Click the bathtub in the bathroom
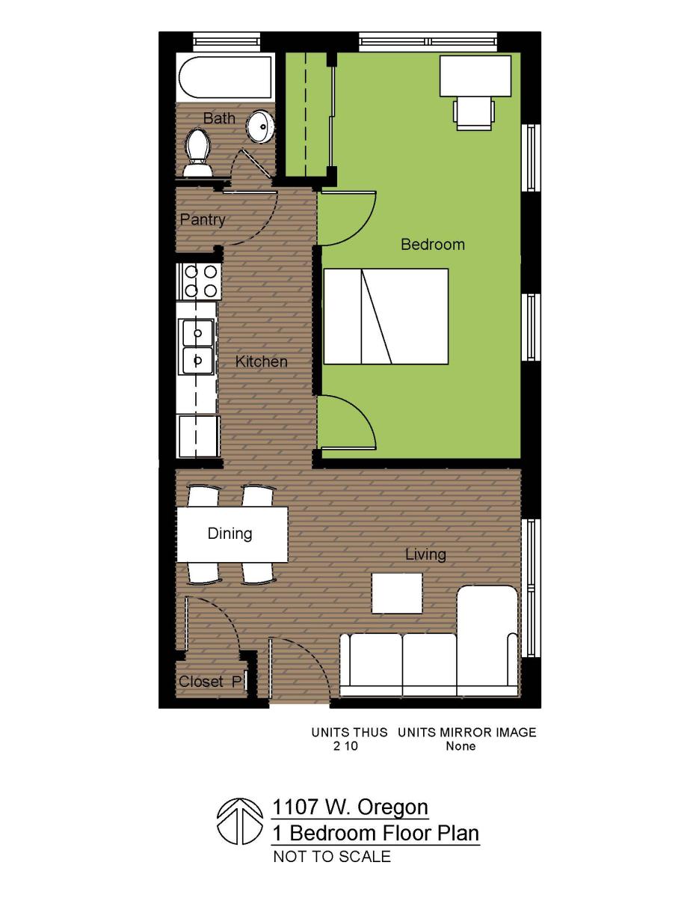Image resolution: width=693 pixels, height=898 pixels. coord(224,77)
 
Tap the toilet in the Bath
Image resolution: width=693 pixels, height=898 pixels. coord(198,152)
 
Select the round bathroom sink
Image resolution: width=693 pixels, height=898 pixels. coord(261,127)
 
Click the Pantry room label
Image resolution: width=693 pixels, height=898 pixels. coord(202,220)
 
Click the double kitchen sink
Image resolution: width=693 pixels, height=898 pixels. coord(197,346)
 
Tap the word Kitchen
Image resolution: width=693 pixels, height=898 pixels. coord(261,362)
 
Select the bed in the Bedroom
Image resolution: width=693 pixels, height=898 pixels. coord(386,317)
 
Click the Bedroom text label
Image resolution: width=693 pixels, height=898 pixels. coord(432,245)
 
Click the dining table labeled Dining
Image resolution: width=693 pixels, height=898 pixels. coord(232,534)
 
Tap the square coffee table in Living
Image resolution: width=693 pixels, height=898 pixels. coord(397,593)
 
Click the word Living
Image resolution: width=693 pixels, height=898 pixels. coord(425,555)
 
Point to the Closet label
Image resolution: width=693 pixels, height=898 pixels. coord(201,682)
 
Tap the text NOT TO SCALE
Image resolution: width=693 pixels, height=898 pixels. coord(332,857)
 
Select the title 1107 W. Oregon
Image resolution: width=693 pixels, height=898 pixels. coord(351,807)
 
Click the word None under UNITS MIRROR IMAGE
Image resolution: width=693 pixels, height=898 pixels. coord(461,746)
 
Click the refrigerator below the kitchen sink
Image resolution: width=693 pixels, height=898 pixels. coord(198,436)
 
